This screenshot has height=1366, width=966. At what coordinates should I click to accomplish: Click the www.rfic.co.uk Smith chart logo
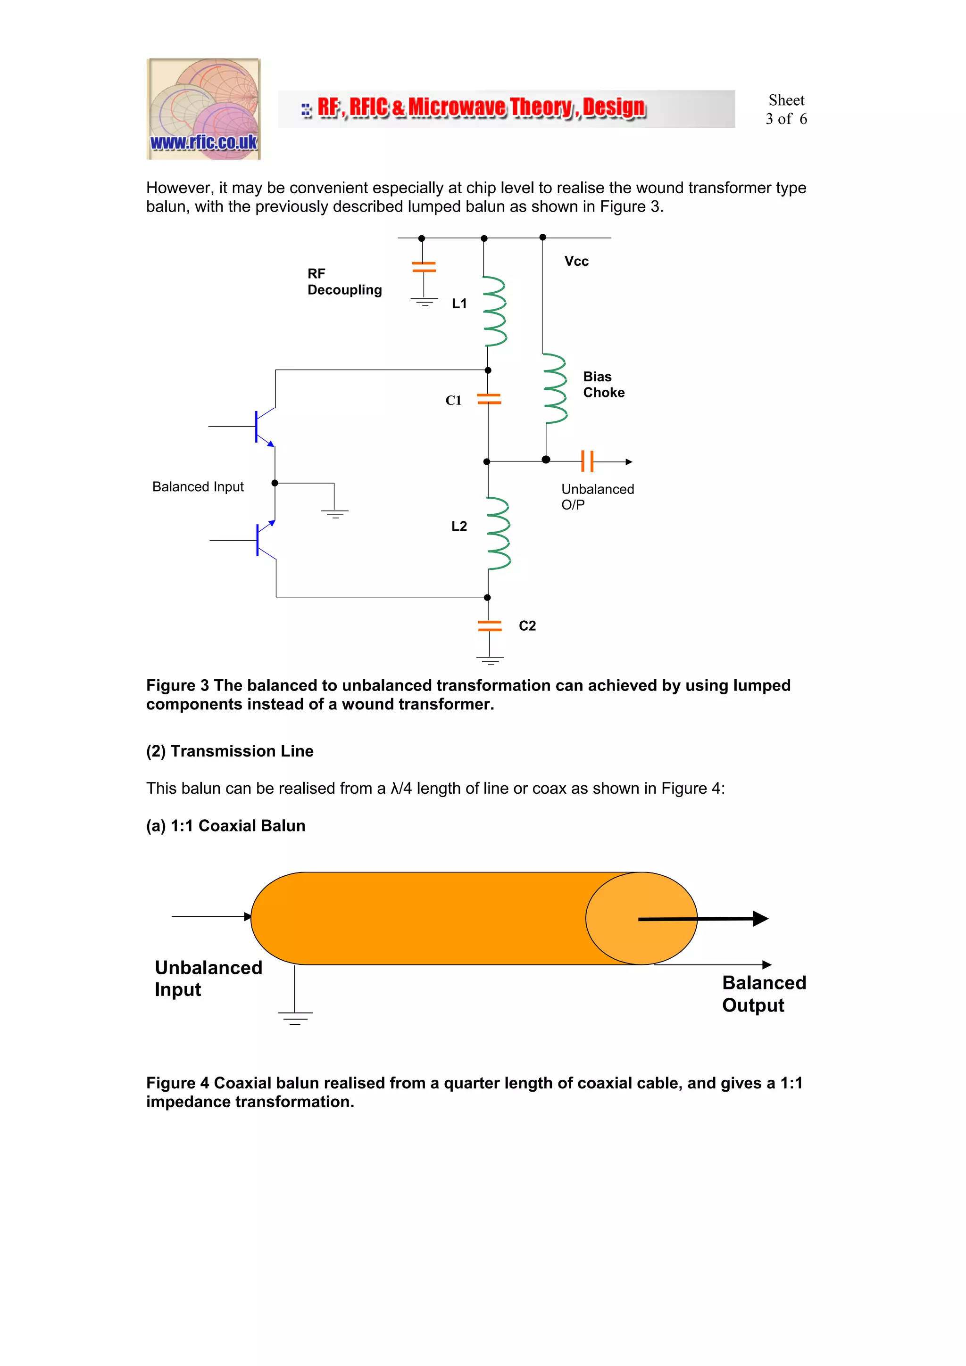[x=204, y=109]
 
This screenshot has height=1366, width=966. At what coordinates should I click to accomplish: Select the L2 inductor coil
[x=498, y=534]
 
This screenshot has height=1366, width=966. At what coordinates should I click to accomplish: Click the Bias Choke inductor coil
[x=555, y=388]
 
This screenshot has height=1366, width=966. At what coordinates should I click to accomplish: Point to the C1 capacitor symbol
[x=489, y=399]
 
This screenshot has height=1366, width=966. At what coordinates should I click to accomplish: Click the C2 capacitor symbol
[x=489, y=625]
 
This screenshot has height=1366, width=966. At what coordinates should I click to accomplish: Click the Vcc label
[x=576, y=261]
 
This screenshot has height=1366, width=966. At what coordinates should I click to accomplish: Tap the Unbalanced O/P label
[x=597, y=497]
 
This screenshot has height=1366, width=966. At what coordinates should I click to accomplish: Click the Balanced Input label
[x=198, y=486]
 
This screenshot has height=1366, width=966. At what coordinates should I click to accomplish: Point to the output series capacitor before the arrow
[x=587, y=461]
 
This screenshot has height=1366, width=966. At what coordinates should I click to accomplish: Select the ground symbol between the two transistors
[x=335, y=513]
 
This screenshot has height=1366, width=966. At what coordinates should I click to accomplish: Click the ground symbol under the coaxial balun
[x=295, y=1018]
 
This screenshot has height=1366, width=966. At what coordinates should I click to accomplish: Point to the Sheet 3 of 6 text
[x=786, y=109]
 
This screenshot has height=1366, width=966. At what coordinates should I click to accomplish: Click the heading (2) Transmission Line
[x=230, y=751]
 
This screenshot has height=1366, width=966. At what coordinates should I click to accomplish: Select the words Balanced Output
[x=764, y=994]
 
